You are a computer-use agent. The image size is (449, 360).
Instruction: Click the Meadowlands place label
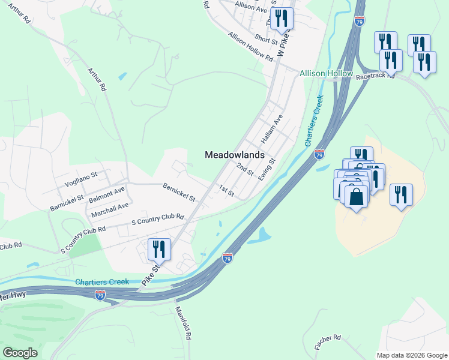[x=234, y=154]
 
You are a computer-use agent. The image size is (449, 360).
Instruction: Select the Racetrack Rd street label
[x=375, y=76]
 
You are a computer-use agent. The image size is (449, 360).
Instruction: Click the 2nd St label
[x=245, y=169]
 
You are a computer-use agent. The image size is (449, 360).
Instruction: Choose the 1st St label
[x=226, y=191]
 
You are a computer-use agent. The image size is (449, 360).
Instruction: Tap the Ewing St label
[x=266, y=170]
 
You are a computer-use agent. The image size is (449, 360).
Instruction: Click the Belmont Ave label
[x=106, y=193]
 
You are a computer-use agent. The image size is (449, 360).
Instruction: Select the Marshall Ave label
[x=110, y=209]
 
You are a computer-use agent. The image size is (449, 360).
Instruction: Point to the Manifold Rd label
[x=183, y=323]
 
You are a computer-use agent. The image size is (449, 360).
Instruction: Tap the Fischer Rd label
[x=328, y=343]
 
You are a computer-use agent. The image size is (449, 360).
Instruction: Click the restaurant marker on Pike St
[x=159, y=249]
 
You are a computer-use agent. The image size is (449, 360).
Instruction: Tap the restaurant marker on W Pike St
[x=281, y=19]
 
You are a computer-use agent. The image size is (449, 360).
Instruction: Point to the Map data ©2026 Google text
[x=411, y=355]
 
